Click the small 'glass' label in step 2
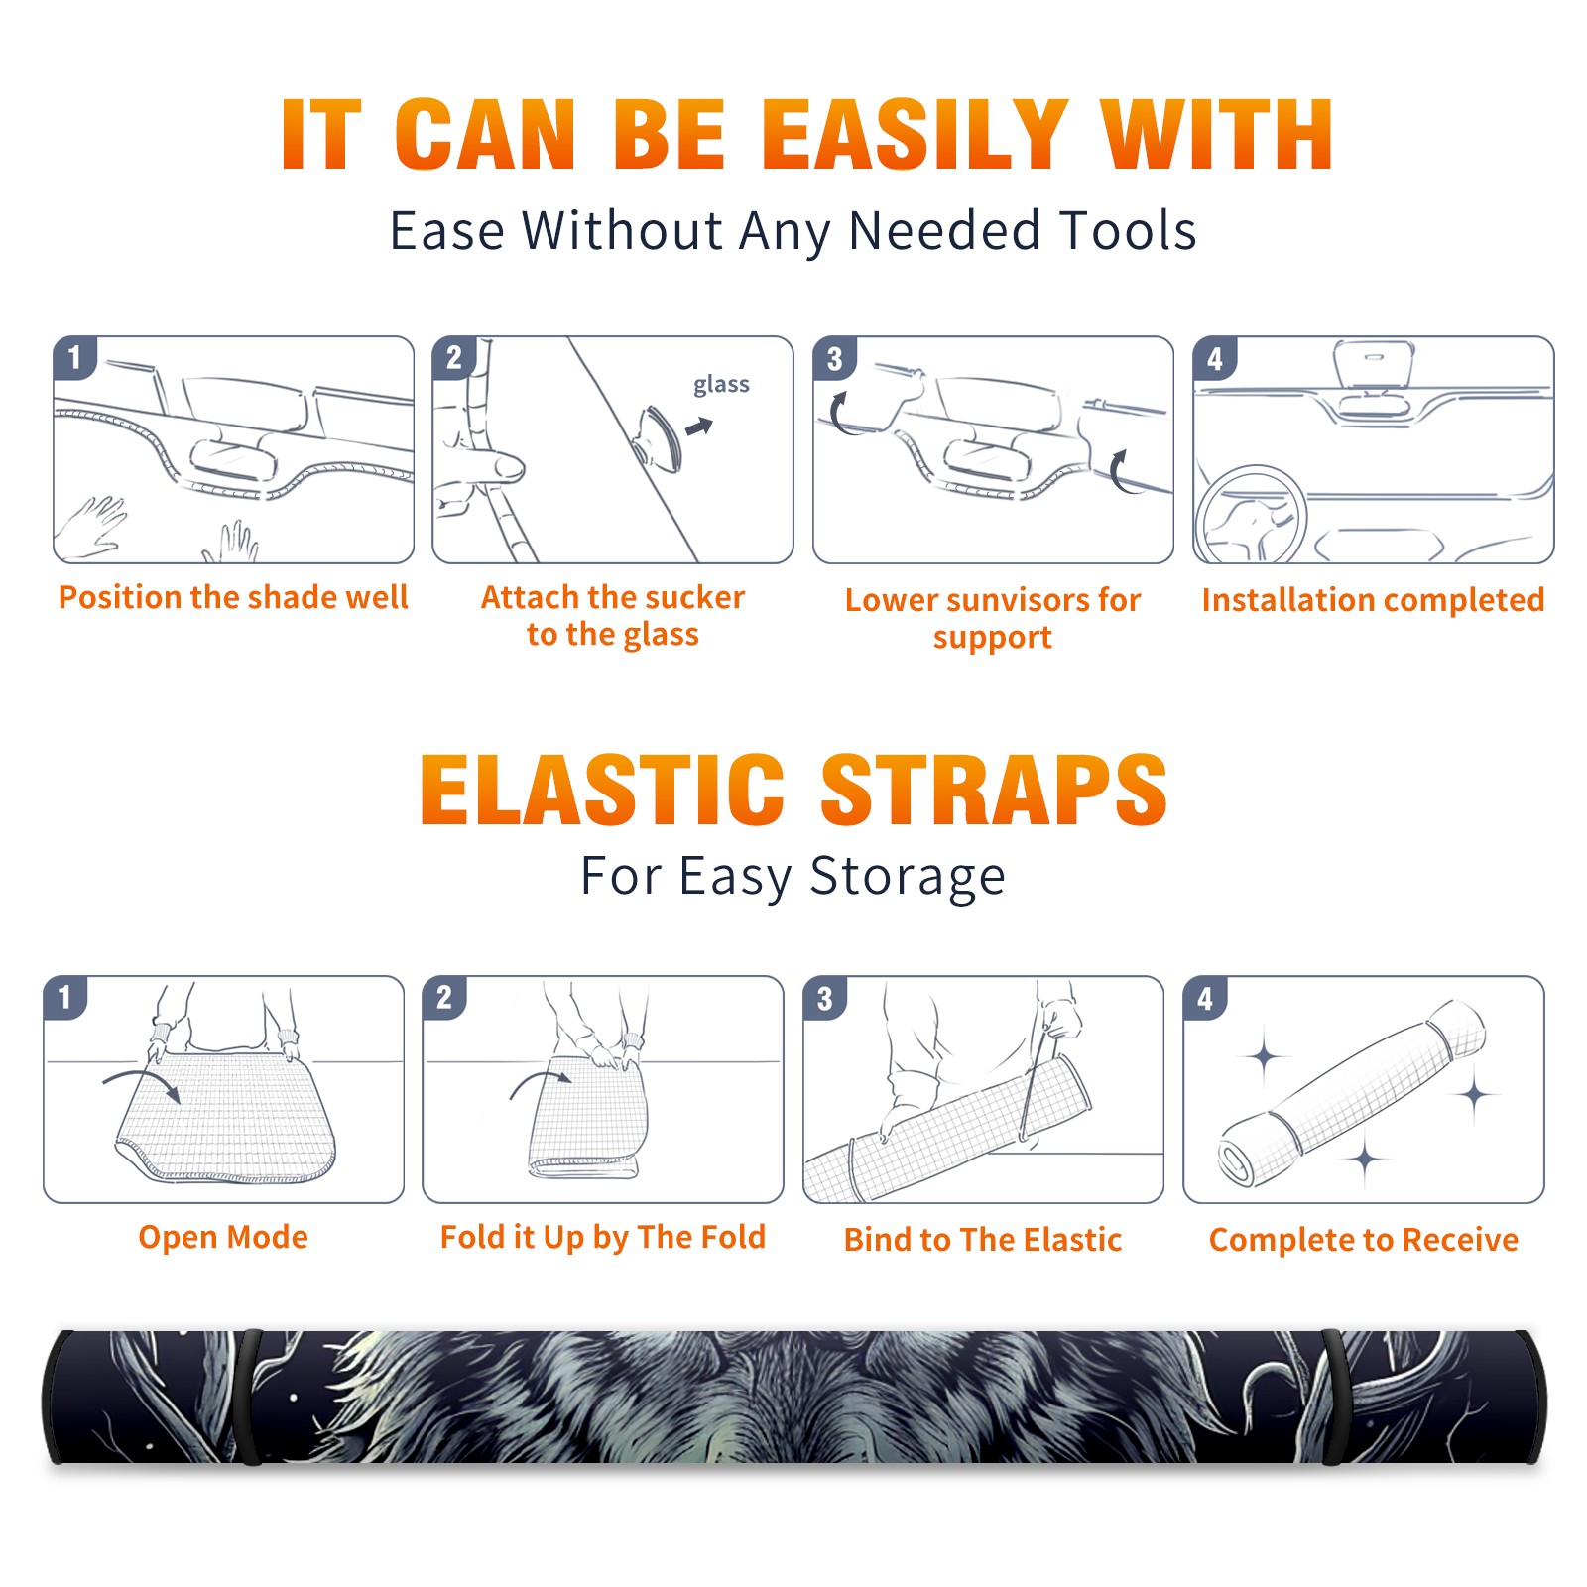[721, 385]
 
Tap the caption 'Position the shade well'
[233, 597]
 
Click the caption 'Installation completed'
[1373, 600]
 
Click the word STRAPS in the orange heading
[994, 790]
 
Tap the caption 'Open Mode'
[223, 1237]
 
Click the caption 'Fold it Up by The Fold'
[603, 1237]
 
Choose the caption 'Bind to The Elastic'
[983, 1240]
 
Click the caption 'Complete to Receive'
[1364, 1240]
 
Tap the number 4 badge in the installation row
[1215, 359]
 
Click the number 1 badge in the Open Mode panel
[65, 997]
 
